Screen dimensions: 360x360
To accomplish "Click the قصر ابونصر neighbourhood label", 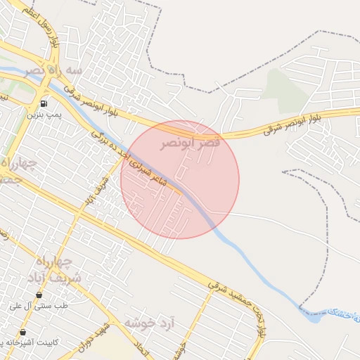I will click(x=189, y=143).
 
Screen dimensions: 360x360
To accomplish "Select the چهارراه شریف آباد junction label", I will click(x=58, y=269).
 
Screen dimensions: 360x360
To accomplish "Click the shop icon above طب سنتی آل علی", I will click(x=38, y=295).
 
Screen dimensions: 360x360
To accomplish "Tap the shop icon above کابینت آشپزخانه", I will click(x=24, y=332).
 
